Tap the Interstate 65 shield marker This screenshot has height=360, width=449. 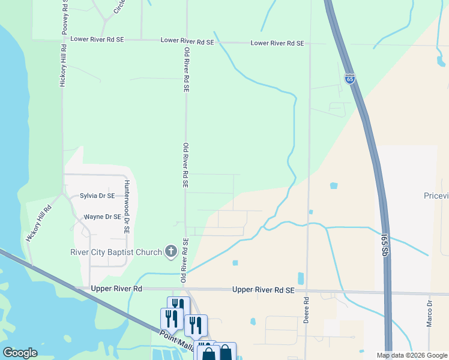(x=350, y=79)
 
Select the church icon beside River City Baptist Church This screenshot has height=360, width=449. (x=170, y=251)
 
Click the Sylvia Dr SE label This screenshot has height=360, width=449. (x=97, y=196)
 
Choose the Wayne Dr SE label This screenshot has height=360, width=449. (x=102, y=217)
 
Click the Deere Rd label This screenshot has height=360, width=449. (x=306, y=310)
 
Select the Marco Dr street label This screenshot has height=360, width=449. (x=430, y=314)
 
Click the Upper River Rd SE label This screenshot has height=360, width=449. (x=264, y=290)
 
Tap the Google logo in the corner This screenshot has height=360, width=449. (x=20, y=353)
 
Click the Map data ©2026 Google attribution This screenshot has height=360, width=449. (x=412, y=355)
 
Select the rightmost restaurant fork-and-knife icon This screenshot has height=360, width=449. (x=196, y=325)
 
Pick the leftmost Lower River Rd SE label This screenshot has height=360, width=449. (x=97, y=39)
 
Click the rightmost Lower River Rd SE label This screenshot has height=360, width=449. (x=277, y=43)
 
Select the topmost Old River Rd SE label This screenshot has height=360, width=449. (x=187, y=69)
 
